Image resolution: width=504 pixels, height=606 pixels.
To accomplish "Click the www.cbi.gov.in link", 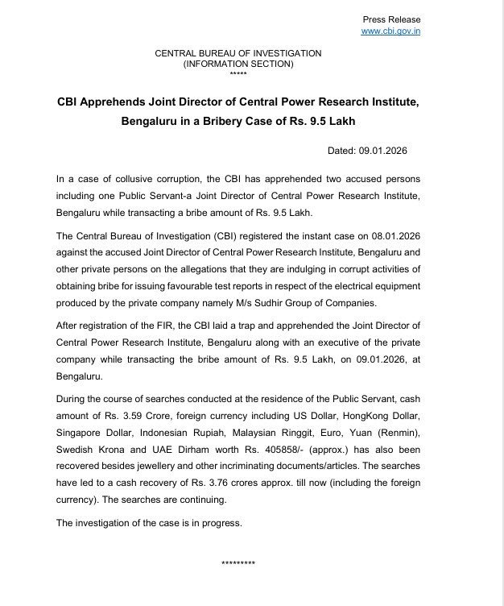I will [390, 31].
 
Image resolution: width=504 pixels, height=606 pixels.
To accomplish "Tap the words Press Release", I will [392, 19].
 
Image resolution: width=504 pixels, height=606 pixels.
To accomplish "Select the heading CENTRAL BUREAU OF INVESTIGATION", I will [238, 53].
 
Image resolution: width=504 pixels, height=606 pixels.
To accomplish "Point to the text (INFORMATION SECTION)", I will [238, 63].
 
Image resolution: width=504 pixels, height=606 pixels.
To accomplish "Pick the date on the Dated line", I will [395, 151].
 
